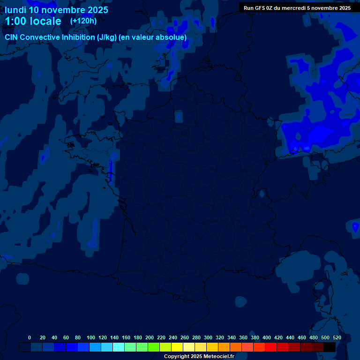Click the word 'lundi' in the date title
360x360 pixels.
coord(15,10)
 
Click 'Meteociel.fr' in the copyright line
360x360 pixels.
coord(218,357)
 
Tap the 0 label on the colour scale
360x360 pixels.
coord(30,337)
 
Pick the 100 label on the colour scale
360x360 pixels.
coord(91,337)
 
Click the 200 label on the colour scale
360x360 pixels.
coord(150,337)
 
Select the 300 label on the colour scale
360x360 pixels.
coord(208,337)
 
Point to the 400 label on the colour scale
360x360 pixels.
coord(267,337)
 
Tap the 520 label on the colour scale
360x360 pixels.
coord(337,337)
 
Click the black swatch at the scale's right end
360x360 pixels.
coord(330,347)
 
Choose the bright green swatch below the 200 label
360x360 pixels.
coord(154,347)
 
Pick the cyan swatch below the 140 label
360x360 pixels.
coord(119,347)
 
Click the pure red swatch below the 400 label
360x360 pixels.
coord(271,347)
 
